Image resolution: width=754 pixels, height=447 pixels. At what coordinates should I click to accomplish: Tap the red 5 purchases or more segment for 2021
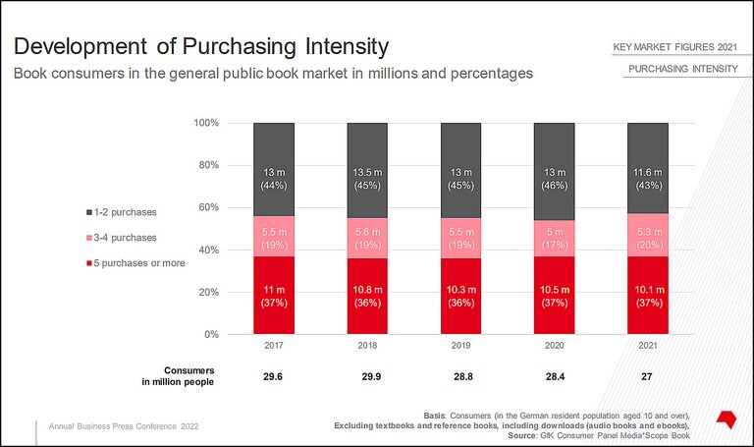pos(648,296)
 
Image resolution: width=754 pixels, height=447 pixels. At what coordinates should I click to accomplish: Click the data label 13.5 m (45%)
pos(367,180)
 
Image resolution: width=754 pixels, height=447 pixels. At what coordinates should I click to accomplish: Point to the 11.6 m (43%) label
pos(648,180)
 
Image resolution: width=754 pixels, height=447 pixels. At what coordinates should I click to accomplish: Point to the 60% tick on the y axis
pos(206,208)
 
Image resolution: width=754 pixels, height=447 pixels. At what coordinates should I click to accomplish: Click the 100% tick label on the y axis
pos(204,124)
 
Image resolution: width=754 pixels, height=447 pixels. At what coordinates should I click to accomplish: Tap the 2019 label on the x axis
pos(460,347)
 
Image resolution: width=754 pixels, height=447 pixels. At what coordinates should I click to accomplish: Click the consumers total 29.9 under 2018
pos(367,375)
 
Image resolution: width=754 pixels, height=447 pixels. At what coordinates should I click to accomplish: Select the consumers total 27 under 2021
pos(648,375)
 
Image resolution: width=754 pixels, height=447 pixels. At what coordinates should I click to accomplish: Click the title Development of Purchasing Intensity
pos(200,47)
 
